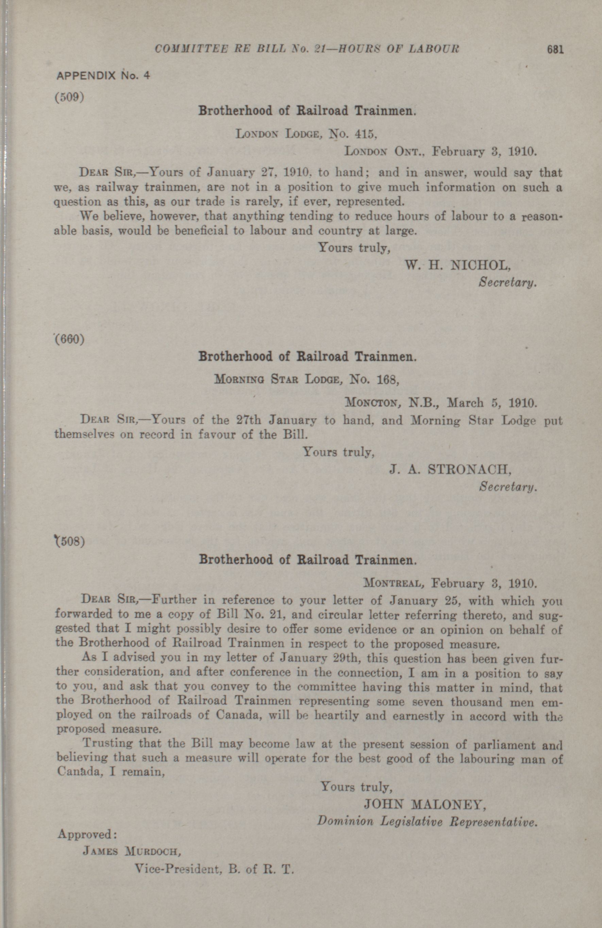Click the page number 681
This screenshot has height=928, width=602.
pyautogui.click(x=555, y=50)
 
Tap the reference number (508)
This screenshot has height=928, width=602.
pyautogui.click(x=70, y=542)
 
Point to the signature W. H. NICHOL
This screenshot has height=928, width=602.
pyautogui.click(x=458, y=265)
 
